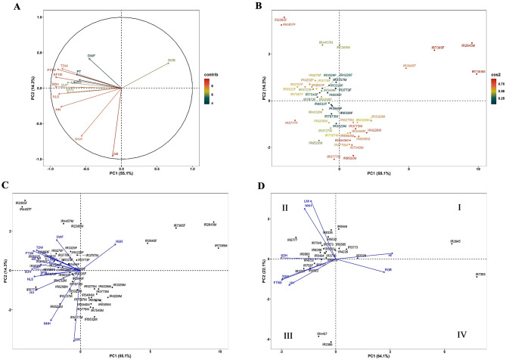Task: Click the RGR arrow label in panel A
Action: pyautogui.click(x=172, y=60)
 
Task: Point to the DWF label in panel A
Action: pyautogui.click(x=91, y=55)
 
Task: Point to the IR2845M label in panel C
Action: pyautogui.click(x=210, y=225)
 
